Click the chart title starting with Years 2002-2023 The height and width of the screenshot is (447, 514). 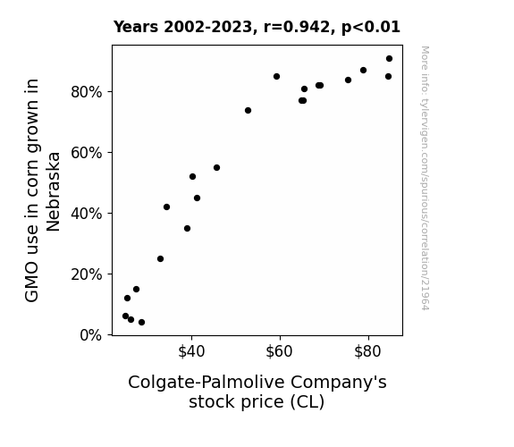click(x=257, y=27)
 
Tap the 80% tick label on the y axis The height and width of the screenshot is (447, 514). click(x=86, y=92)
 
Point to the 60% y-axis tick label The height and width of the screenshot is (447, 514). click(x=86, y=153)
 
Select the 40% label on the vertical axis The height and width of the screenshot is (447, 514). click(x=86, y=214)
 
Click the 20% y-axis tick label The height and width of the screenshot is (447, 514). click(x=86, y=274)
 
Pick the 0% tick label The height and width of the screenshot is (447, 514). click(x=90, y=335)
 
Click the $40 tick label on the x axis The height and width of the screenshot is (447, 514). click(x=191, y=351)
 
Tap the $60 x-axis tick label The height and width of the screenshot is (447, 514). click(x=279, y=351)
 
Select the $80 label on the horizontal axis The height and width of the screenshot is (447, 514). click(x=367, y=351)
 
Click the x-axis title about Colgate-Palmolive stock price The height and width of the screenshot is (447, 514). click(x=257, y=392)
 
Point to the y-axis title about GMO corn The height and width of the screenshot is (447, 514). click(x=43, y=190)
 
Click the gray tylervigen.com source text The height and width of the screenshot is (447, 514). click(x=425, y=178)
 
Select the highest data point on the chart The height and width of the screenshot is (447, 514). click(x=389, y=59)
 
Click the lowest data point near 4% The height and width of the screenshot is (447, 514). click(x=141, y=323)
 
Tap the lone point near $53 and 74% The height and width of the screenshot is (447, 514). click(x=248, y=111)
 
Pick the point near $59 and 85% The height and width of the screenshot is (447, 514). click(x=276, y=76)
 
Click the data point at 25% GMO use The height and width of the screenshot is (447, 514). click(x=160, y=258)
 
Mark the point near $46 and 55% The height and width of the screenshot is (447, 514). click(x=216, y=167)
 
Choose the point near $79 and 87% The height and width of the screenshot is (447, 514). click(x=363, y=71)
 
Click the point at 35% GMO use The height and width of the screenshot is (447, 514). click(x=187, y=229)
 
